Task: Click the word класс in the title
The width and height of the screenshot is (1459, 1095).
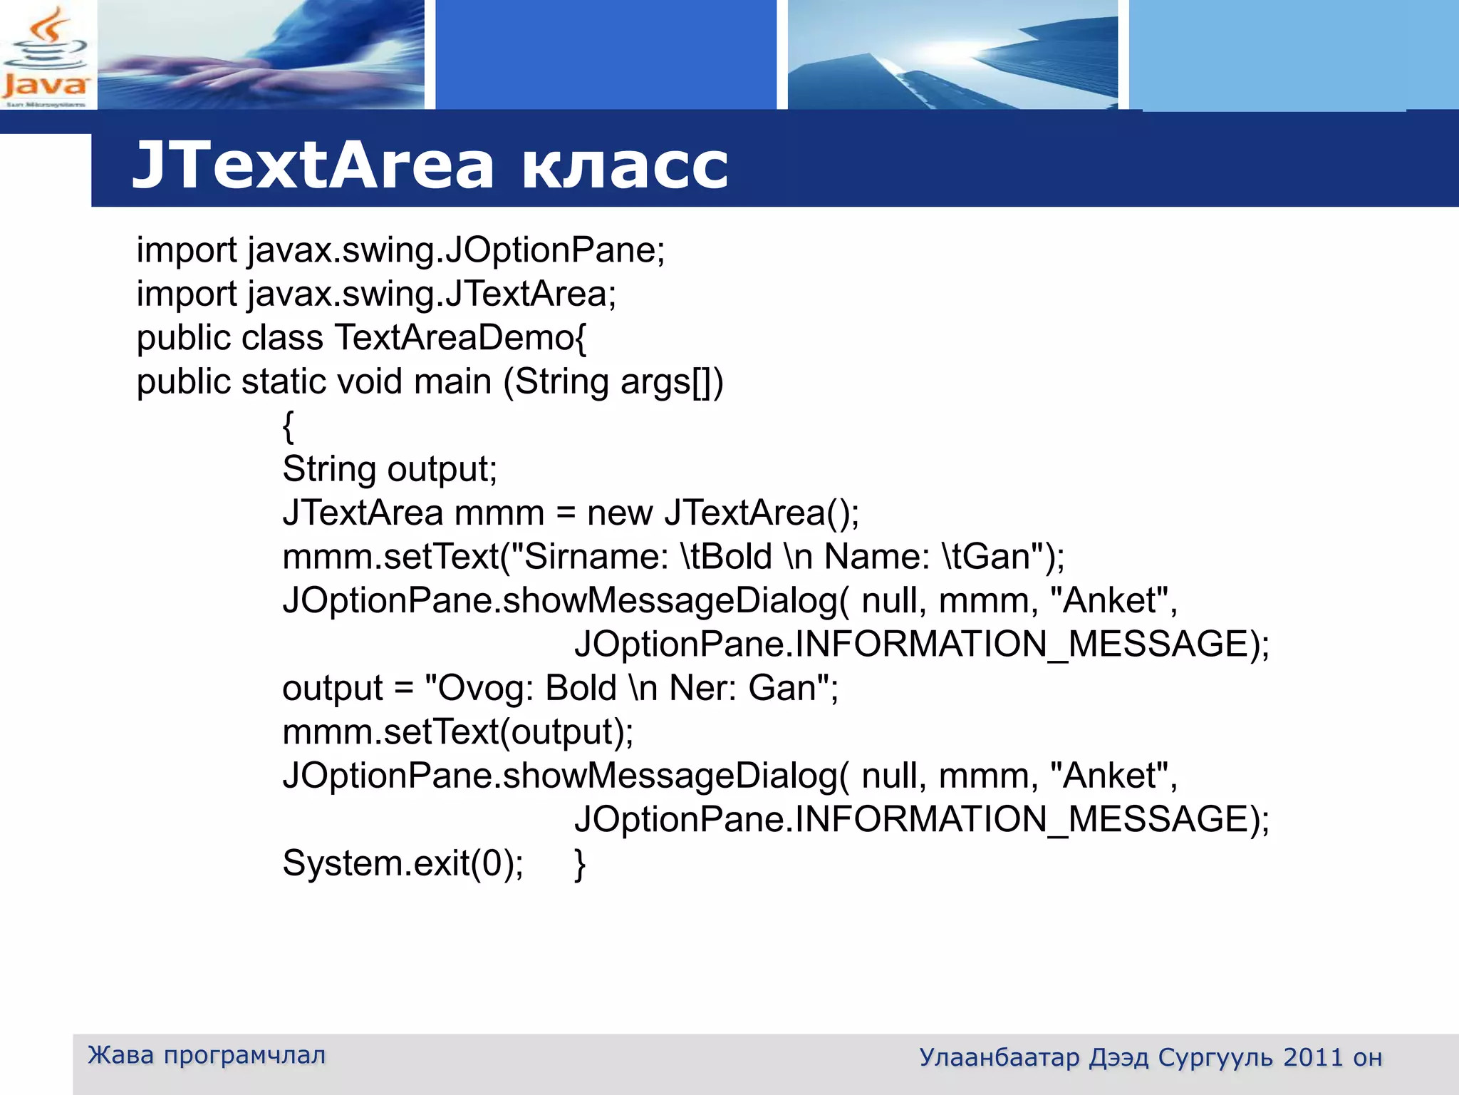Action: pos(625,165)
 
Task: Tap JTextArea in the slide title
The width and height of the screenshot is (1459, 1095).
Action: pos(313,165)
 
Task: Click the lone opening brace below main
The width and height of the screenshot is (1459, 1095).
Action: pos(288,426)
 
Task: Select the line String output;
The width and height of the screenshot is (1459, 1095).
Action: pos(390,470)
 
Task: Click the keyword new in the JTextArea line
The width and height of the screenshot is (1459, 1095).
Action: pos(619,513)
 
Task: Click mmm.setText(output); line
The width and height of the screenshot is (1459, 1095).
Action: pos(458,732)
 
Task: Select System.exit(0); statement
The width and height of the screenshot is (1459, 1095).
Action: pos(403,863)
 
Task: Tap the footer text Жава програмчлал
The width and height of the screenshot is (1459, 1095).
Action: pos(207,1055)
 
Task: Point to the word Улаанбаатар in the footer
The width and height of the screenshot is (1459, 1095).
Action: pos(999,1057)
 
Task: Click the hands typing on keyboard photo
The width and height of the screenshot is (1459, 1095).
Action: pos(261,55)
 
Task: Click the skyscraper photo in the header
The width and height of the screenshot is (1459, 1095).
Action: pos(952,55)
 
